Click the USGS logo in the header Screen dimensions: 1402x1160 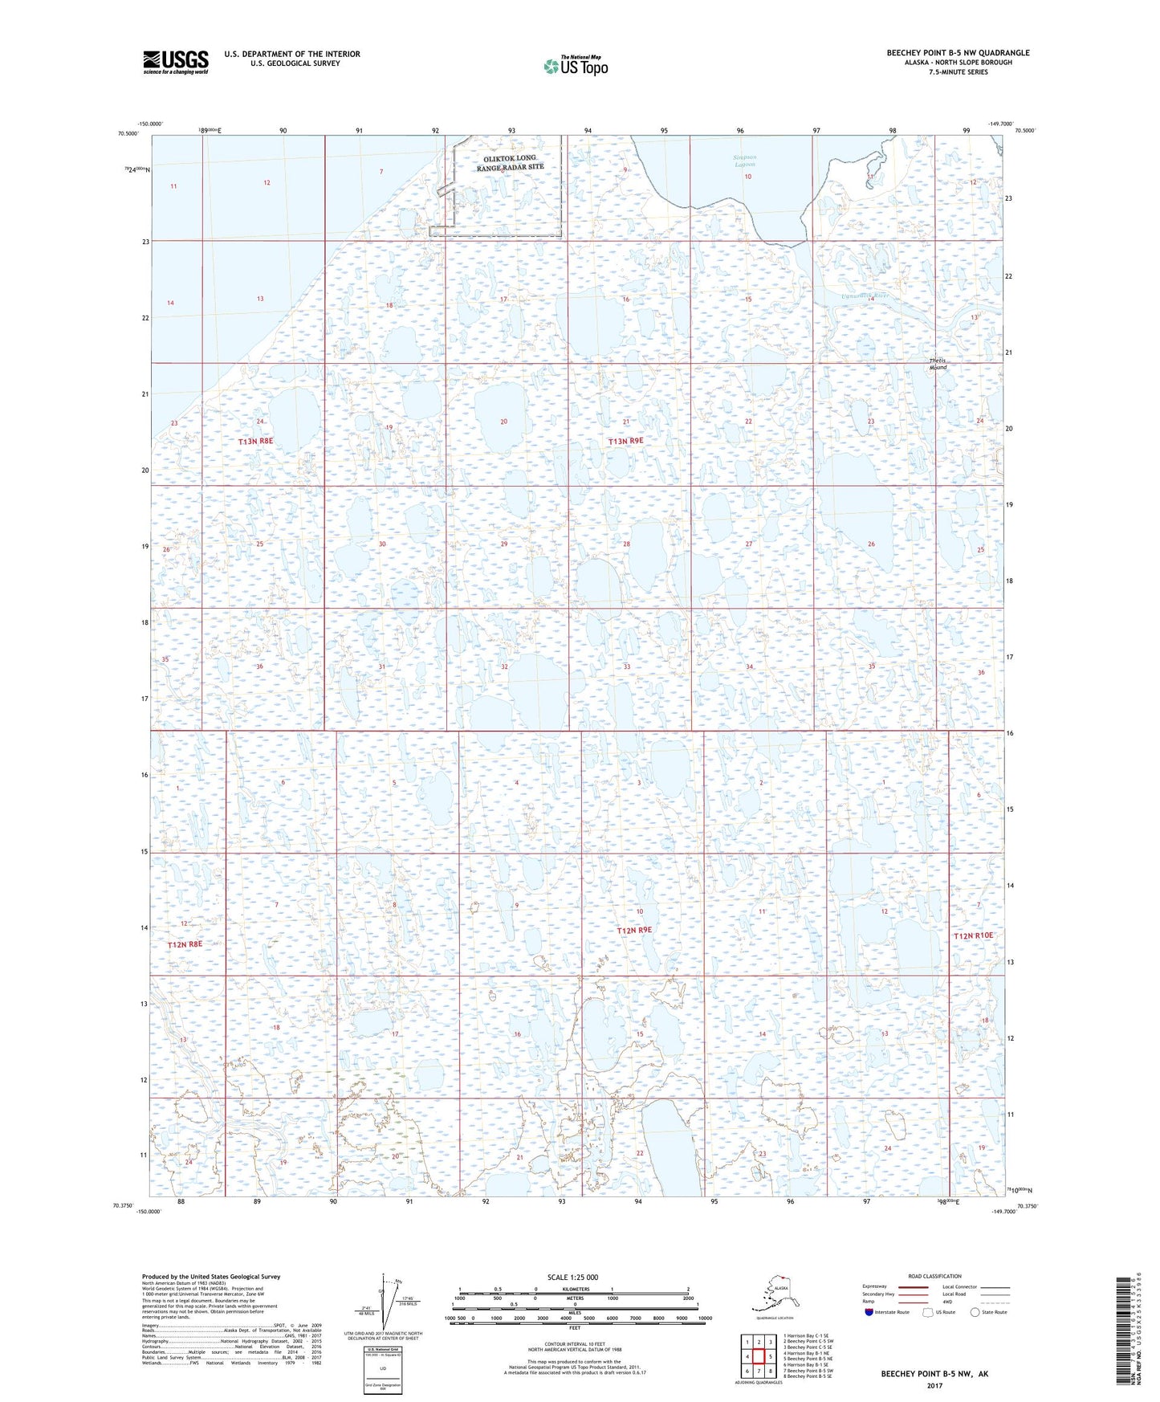(175, 62)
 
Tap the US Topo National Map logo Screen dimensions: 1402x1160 (575, 66)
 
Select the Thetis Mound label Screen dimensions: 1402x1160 (938, 364)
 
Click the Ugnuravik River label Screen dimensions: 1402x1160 (864, 295)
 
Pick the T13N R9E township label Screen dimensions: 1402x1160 (625, 441)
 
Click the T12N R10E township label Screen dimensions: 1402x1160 (973, 935)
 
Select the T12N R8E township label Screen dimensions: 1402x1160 (185, 944)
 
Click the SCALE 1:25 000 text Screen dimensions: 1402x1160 (572, 1277)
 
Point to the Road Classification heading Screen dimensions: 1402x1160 (934, 1276)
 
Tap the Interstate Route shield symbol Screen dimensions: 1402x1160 (869, 1312)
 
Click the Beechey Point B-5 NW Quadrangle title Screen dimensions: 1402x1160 (958, 53)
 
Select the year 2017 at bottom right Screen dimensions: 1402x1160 (934, 1385)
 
